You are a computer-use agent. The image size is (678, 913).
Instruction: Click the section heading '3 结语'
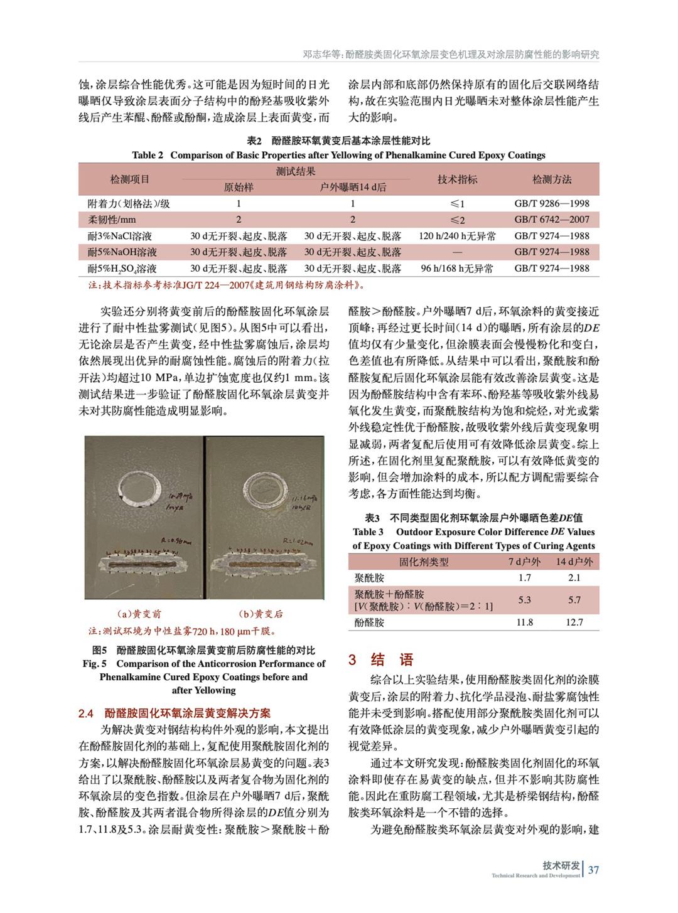pyautogui.click(x=381, y=659)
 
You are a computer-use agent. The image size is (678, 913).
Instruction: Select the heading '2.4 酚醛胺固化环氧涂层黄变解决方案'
pyautogui.click(x=175, y=713)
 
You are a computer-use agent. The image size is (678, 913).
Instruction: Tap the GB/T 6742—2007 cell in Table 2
pyautogui.click(x=552, y=220)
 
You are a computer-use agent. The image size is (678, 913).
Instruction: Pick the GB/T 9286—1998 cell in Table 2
pyautogui.click(x=552, y=203)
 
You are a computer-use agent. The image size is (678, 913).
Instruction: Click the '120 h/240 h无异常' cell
pyautogui.click(x=457, y=236)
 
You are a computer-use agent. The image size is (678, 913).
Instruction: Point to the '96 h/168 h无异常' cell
pyautogui.click(x=457, y=269)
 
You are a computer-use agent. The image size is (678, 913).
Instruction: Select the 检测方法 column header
pyautogui.click(x=552, y=179)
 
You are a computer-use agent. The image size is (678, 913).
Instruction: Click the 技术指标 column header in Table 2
pyautogui.click(x=457, y=179)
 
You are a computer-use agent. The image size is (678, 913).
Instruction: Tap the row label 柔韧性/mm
pyautogui.click(x=112, y=220)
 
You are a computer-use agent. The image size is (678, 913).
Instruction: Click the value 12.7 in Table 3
pyautogui.click(x=574, y=622)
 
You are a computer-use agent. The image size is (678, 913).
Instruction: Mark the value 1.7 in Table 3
pyautogui.click(x=525, y=578)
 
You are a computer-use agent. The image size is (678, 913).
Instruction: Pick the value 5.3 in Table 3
pyautogui.click(x=525, y=600)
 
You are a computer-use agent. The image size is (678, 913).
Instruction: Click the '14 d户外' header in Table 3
pyautogui.click(x=574, y=562)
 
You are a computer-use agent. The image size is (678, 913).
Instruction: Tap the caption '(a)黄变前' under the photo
pyautogui.click(x=139, y=614)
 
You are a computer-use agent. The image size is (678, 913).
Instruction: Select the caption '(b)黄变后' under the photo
pyautogui.click(x=261, y=614)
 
